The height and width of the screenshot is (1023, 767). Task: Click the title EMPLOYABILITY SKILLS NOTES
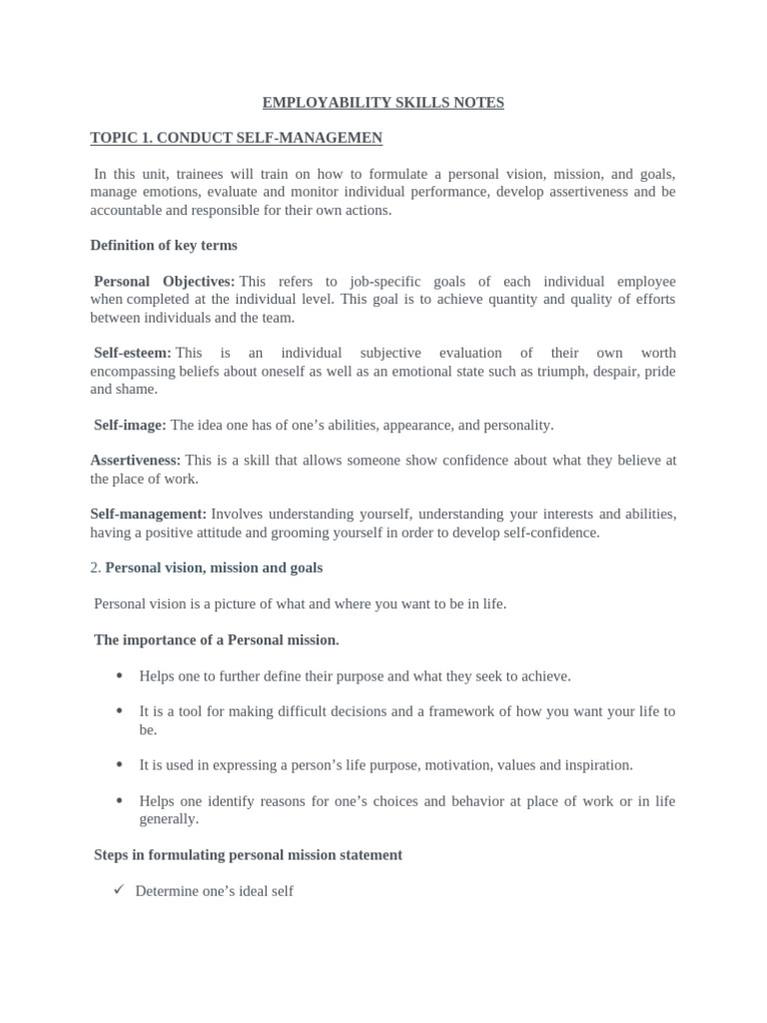coord(383,102)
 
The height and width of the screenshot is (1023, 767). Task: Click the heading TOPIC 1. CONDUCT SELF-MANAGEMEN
coord(236,137)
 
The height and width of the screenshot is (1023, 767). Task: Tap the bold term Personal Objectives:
coord(165,282)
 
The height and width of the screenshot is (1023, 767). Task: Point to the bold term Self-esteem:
coord(133,353)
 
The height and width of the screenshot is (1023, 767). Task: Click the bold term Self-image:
coord(130,425)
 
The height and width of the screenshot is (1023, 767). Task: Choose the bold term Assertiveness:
coord(136,461)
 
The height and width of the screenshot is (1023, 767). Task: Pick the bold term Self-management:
coord(149,513)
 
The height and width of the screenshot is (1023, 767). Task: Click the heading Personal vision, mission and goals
coord(214,567)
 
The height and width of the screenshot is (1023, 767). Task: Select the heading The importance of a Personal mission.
coord(217,639)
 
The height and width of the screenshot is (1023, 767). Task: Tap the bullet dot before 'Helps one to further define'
coord(119,675)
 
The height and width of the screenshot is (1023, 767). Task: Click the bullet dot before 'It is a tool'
coord(119,711)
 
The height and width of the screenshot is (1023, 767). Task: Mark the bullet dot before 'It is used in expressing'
coord(119,764)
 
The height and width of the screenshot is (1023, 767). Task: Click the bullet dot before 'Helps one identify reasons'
coord(119,800)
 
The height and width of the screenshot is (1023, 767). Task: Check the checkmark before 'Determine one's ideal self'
coord(119,889)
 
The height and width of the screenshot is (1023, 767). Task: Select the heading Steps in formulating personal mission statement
coord(249,854)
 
